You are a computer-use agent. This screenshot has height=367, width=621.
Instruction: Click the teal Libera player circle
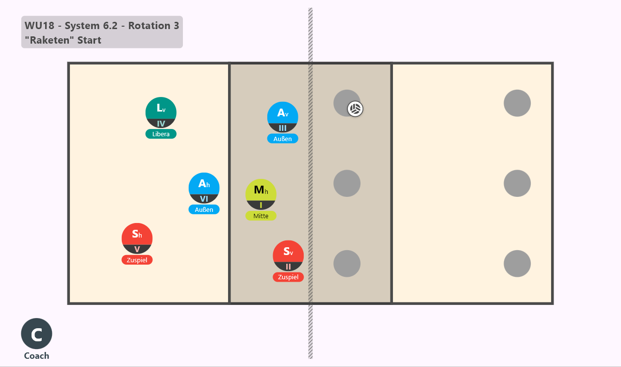161,112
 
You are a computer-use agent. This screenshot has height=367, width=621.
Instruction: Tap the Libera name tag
161,134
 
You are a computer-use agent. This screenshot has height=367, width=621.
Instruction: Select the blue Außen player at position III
282,117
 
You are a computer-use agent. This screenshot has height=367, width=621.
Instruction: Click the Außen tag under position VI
204,209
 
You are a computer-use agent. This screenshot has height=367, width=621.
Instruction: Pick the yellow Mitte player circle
261,194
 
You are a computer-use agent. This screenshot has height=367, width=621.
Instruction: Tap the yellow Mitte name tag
261,216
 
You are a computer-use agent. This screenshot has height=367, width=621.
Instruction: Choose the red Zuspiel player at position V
137,239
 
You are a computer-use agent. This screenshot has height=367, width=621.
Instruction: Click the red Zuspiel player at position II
288,255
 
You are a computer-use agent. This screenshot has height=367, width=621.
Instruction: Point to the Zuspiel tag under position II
288,277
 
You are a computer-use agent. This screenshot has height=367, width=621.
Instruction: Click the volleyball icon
355,109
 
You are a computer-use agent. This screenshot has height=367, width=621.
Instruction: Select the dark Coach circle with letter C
36,334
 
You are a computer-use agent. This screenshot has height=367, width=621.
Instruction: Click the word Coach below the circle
36,356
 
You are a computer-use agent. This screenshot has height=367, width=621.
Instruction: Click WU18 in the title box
39,26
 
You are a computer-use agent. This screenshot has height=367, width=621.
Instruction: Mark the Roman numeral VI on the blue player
204,199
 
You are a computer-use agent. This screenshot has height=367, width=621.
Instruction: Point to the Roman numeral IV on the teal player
161,124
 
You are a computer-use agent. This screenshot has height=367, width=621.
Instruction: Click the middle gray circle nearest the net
347,183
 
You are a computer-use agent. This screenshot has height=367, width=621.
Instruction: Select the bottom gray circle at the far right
517,264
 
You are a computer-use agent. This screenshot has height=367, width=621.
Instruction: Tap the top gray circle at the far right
517,103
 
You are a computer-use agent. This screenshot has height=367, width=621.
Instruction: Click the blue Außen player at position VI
204,188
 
